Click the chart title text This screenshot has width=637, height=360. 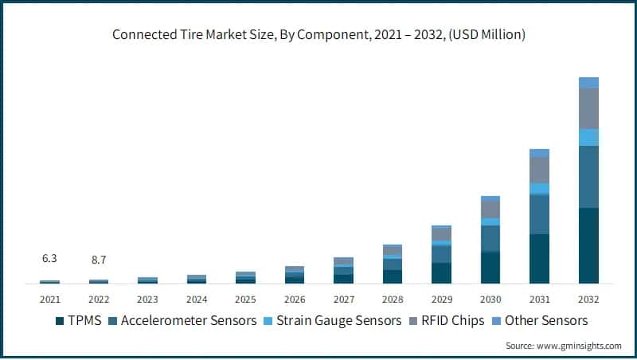318,35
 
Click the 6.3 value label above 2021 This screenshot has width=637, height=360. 49,259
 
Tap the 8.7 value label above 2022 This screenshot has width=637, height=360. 99,259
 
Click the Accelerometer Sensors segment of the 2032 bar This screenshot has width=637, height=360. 588,177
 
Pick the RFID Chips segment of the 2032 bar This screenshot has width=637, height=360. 588,108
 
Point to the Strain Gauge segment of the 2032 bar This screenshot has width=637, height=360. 588,138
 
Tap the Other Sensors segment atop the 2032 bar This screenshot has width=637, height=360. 588,83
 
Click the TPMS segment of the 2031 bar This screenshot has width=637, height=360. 539,259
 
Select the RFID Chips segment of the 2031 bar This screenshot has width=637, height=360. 539,170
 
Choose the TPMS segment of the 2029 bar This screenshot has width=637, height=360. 442,273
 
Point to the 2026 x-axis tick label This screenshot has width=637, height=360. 295,299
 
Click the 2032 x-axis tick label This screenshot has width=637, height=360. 588,299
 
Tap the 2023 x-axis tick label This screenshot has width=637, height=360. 147,299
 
